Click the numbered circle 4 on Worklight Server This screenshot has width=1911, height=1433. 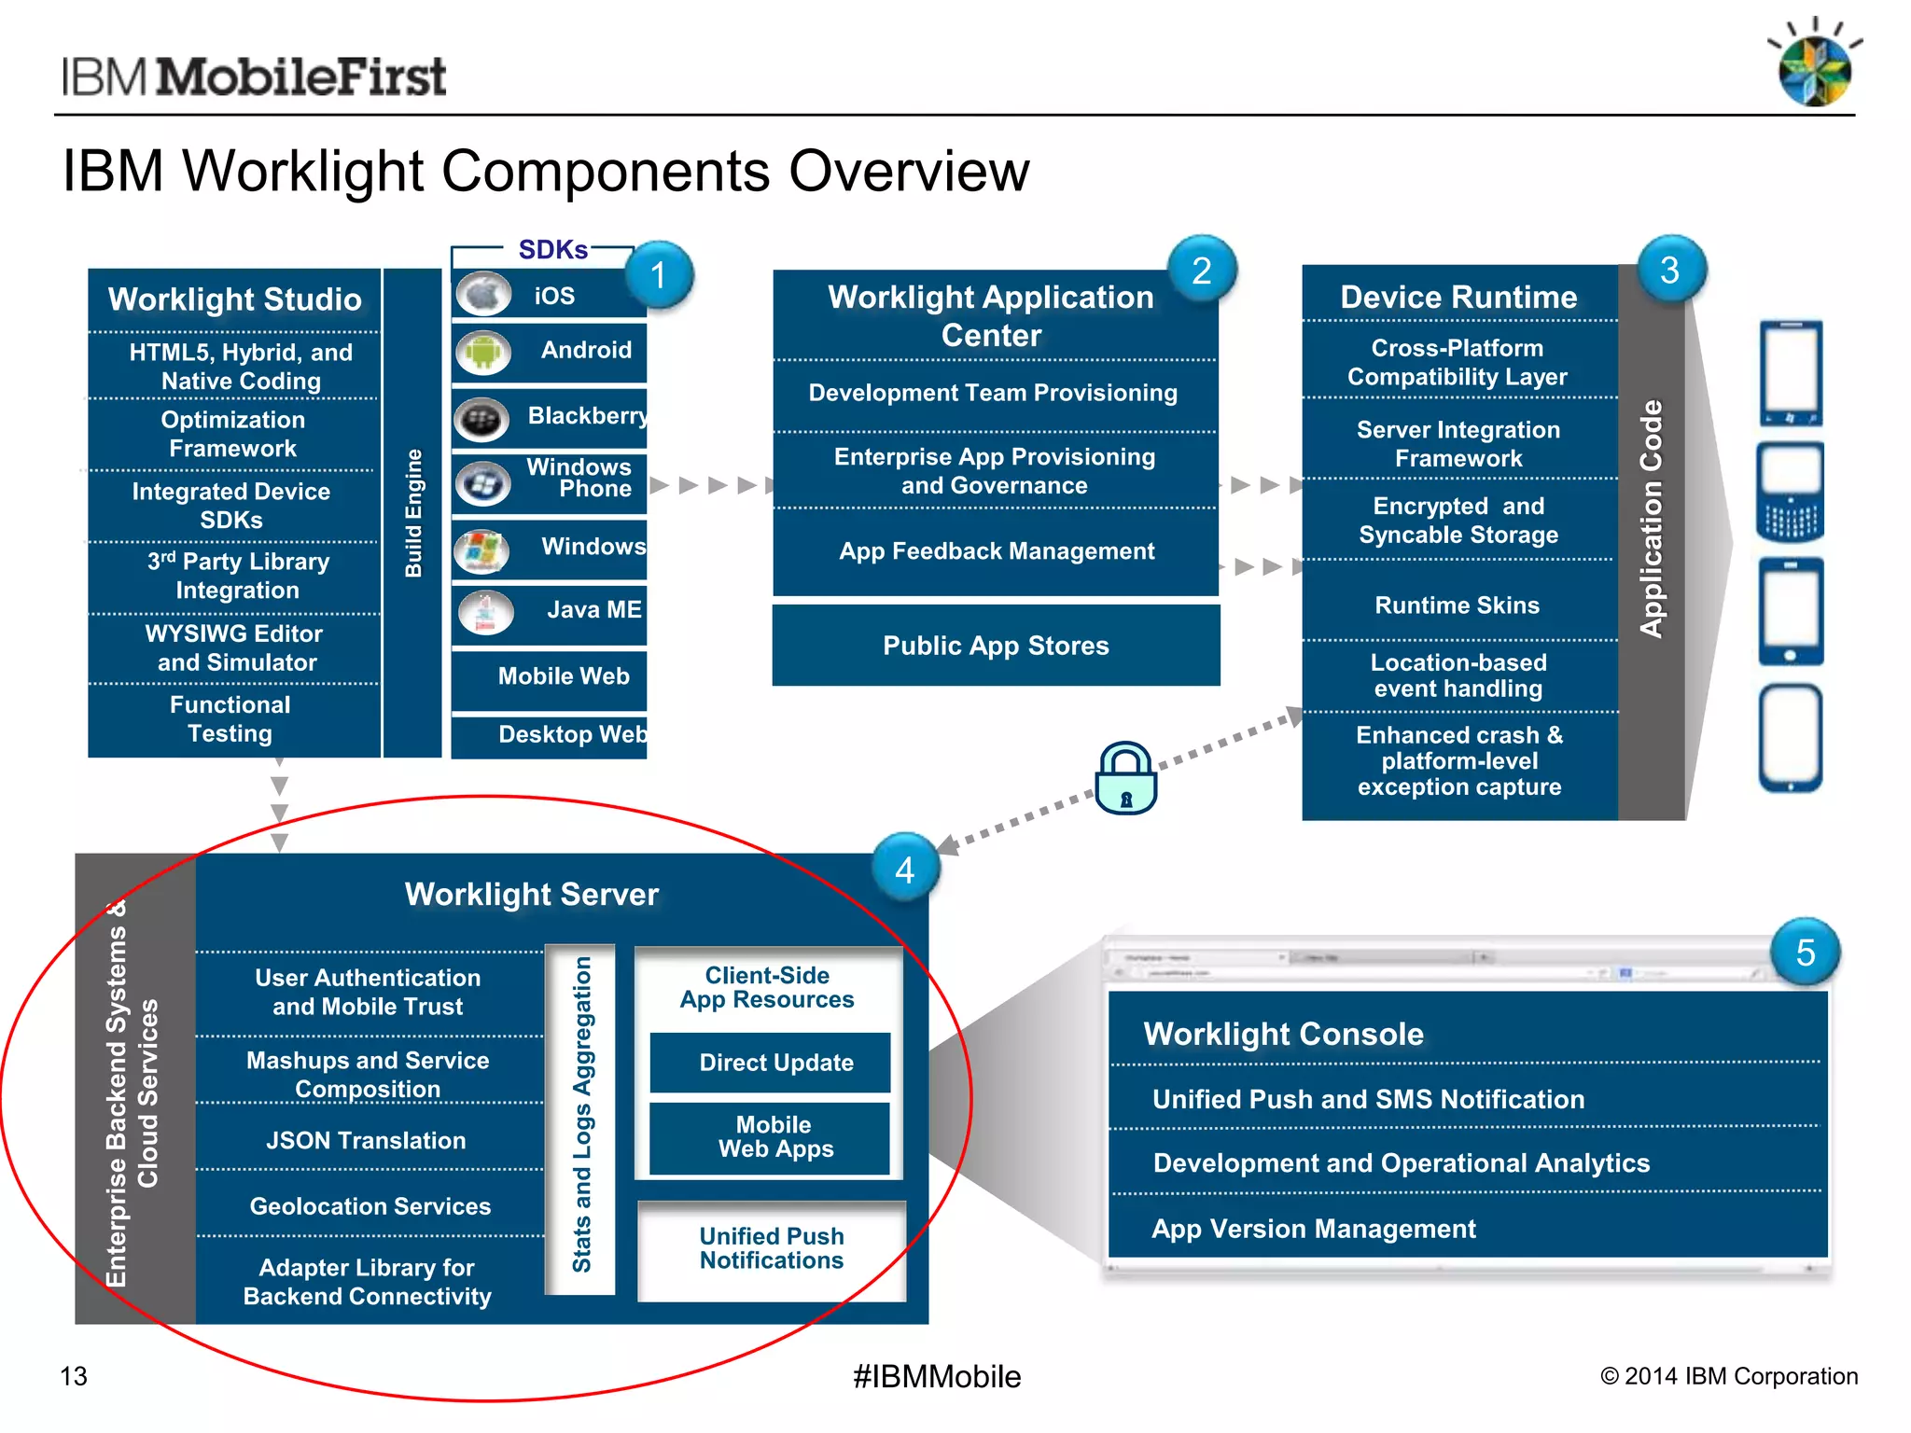click(x=904, y=869)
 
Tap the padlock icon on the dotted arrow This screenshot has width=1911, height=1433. click(x=1126, y=780)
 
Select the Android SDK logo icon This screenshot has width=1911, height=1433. click(x=483, y=353)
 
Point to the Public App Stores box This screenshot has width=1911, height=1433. click(x=996, y=646)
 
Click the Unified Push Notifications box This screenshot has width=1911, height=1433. click(x=771, y=1248)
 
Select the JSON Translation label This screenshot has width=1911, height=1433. click(x=366, y=1140)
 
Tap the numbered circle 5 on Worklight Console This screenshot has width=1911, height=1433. click(x=1805, y=953)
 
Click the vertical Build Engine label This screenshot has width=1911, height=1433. click(x=413, y=513)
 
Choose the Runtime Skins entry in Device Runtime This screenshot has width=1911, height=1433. click(x=1457, y=605)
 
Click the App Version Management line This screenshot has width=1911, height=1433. click(x=1313, y=1228)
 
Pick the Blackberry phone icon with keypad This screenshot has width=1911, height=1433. click(x=1790, y=493)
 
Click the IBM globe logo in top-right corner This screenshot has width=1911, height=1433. click(x=1814, y=67)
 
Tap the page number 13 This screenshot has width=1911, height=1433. click(x=74, y=1376)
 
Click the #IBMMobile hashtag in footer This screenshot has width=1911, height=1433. click(x=937, y=1376)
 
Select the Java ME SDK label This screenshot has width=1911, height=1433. click(x=593, y=609)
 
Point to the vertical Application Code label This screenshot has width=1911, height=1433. click(x=1652, y=519)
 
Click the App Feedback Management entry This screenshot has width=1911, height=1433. click(x=996, y=550)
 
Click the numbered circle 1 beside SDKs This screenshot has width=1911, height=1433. click(x=659, y=275)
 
